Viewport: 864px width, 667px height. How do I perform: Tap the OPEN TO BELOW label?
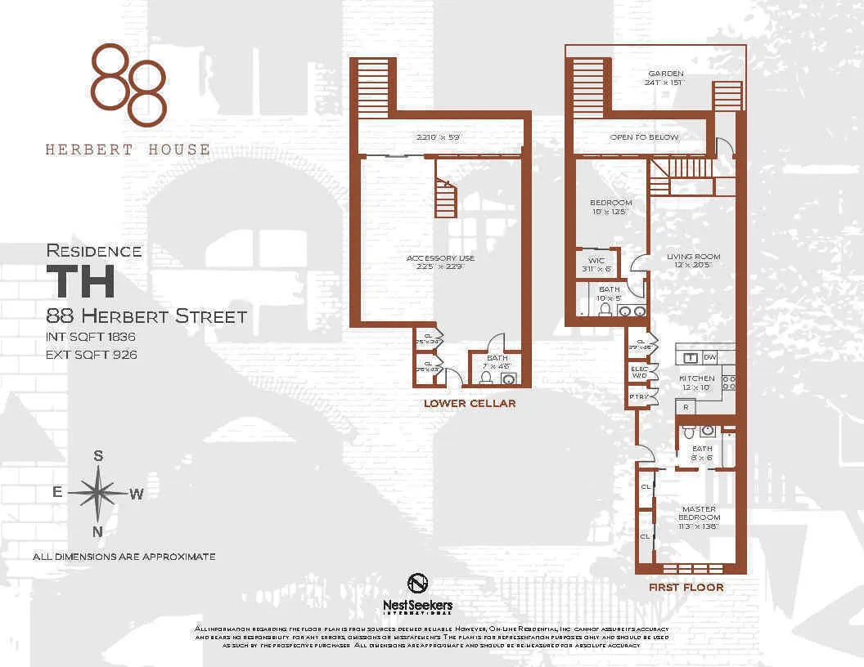coord(644,137)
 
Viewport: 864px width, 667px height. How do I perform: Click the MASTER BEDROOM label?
coord(700,513)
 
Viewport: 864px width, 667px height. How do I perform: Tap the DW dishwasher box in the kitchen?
coord(710,357)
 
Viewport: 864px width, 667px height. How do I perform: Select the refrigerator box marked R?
coord(684,406)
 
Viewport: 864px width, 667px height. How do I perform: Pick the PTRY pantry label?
coord(638,396)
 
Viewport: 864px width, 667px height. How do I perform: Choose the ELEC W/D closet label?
coord(639,372)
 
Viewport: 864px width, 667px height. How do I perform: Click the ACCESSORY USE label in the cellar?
coord(440,258)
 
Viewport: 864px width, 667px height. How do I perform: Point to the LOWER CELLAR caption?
coord(469,403)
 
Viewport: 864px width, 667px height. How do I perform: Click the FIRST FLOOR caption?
coord(686,587)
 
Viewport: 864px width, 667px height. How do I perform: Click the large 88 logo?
coord(128,85)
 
